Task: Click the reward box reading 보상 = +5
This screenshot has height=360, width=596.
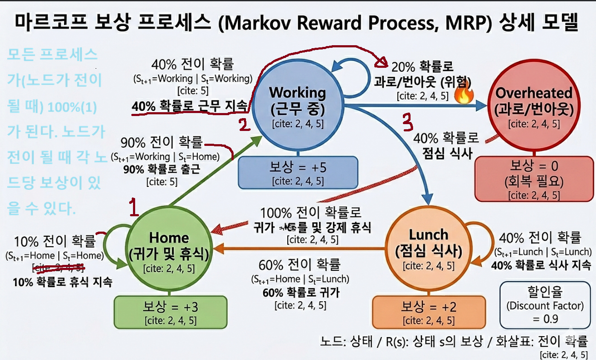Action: [x=298, y=173]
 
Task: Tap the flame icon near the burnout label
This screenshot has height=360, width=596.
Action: [x=462, y=96]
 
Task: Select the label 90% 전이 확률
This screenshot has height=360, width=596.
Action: [x=162, y=143]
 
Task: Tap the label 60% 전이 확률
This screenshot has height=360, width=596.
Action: [x=299, y=265]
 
